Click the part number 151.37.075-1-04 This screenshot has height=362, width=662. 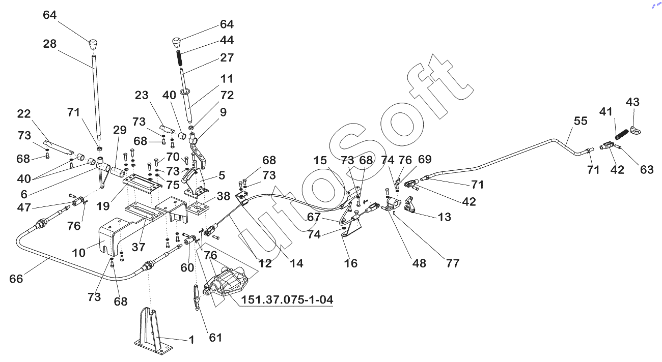287,300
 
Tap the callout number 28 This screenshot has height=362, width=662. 50,44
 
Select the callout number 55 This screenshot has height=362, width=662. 581,121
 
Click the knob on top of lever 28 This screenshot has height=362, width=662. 93,43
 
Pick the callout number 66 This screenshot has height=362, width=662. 16,279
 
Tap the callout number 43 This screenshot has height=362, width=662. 632,102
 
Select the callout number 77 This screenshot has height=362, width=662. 452,263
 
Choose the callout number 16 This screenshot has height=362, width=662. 351,263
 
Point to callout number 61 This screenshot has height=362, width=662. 216,337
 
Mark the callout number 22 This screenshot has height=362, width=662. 24,114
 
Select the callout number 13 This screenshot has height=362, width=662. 444,217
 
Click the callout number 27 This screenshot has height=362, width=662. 227,57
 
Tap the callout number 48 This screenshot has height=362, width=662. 419,263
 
